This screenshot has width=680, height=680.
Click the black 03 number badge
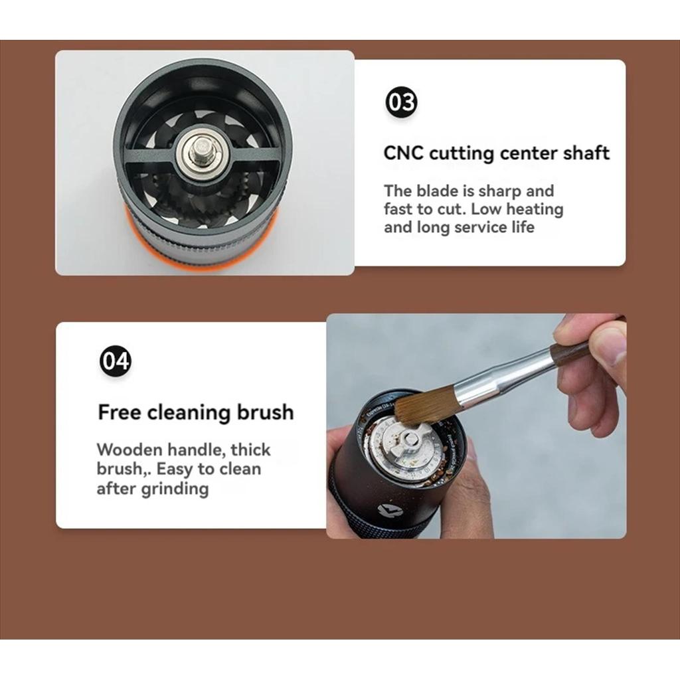401,103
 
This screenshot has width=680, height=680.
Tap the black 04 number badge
116,361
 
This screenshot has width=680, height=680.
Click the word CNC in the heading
403,153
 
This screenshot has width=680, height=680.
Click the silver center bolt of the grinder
201,151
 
